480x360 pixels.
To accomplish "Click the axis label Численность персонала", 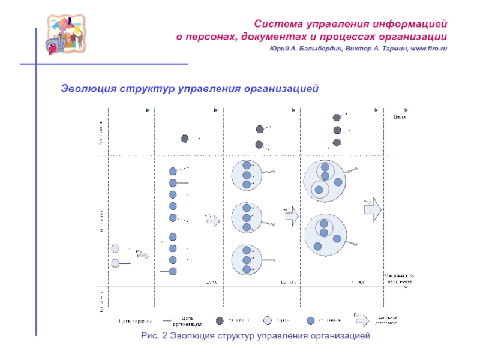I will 398,278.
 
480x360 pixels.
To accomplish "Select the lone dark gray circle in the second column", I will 185,139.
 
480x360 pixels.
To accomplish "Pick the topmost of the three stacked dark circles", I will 337,117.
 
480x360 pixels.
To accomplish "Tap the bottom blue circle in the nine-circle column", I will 173,271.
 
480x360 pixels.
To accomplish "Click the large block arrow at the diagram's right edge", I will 372,208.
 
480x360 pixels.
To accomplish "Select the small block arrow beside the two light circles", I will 143,255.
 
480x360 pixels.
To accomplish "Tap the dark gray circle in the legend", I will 220,320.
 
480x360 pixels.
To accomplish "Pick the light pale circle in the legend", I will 265,320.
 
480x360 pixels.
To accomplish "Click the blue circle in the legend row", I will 310,320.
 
